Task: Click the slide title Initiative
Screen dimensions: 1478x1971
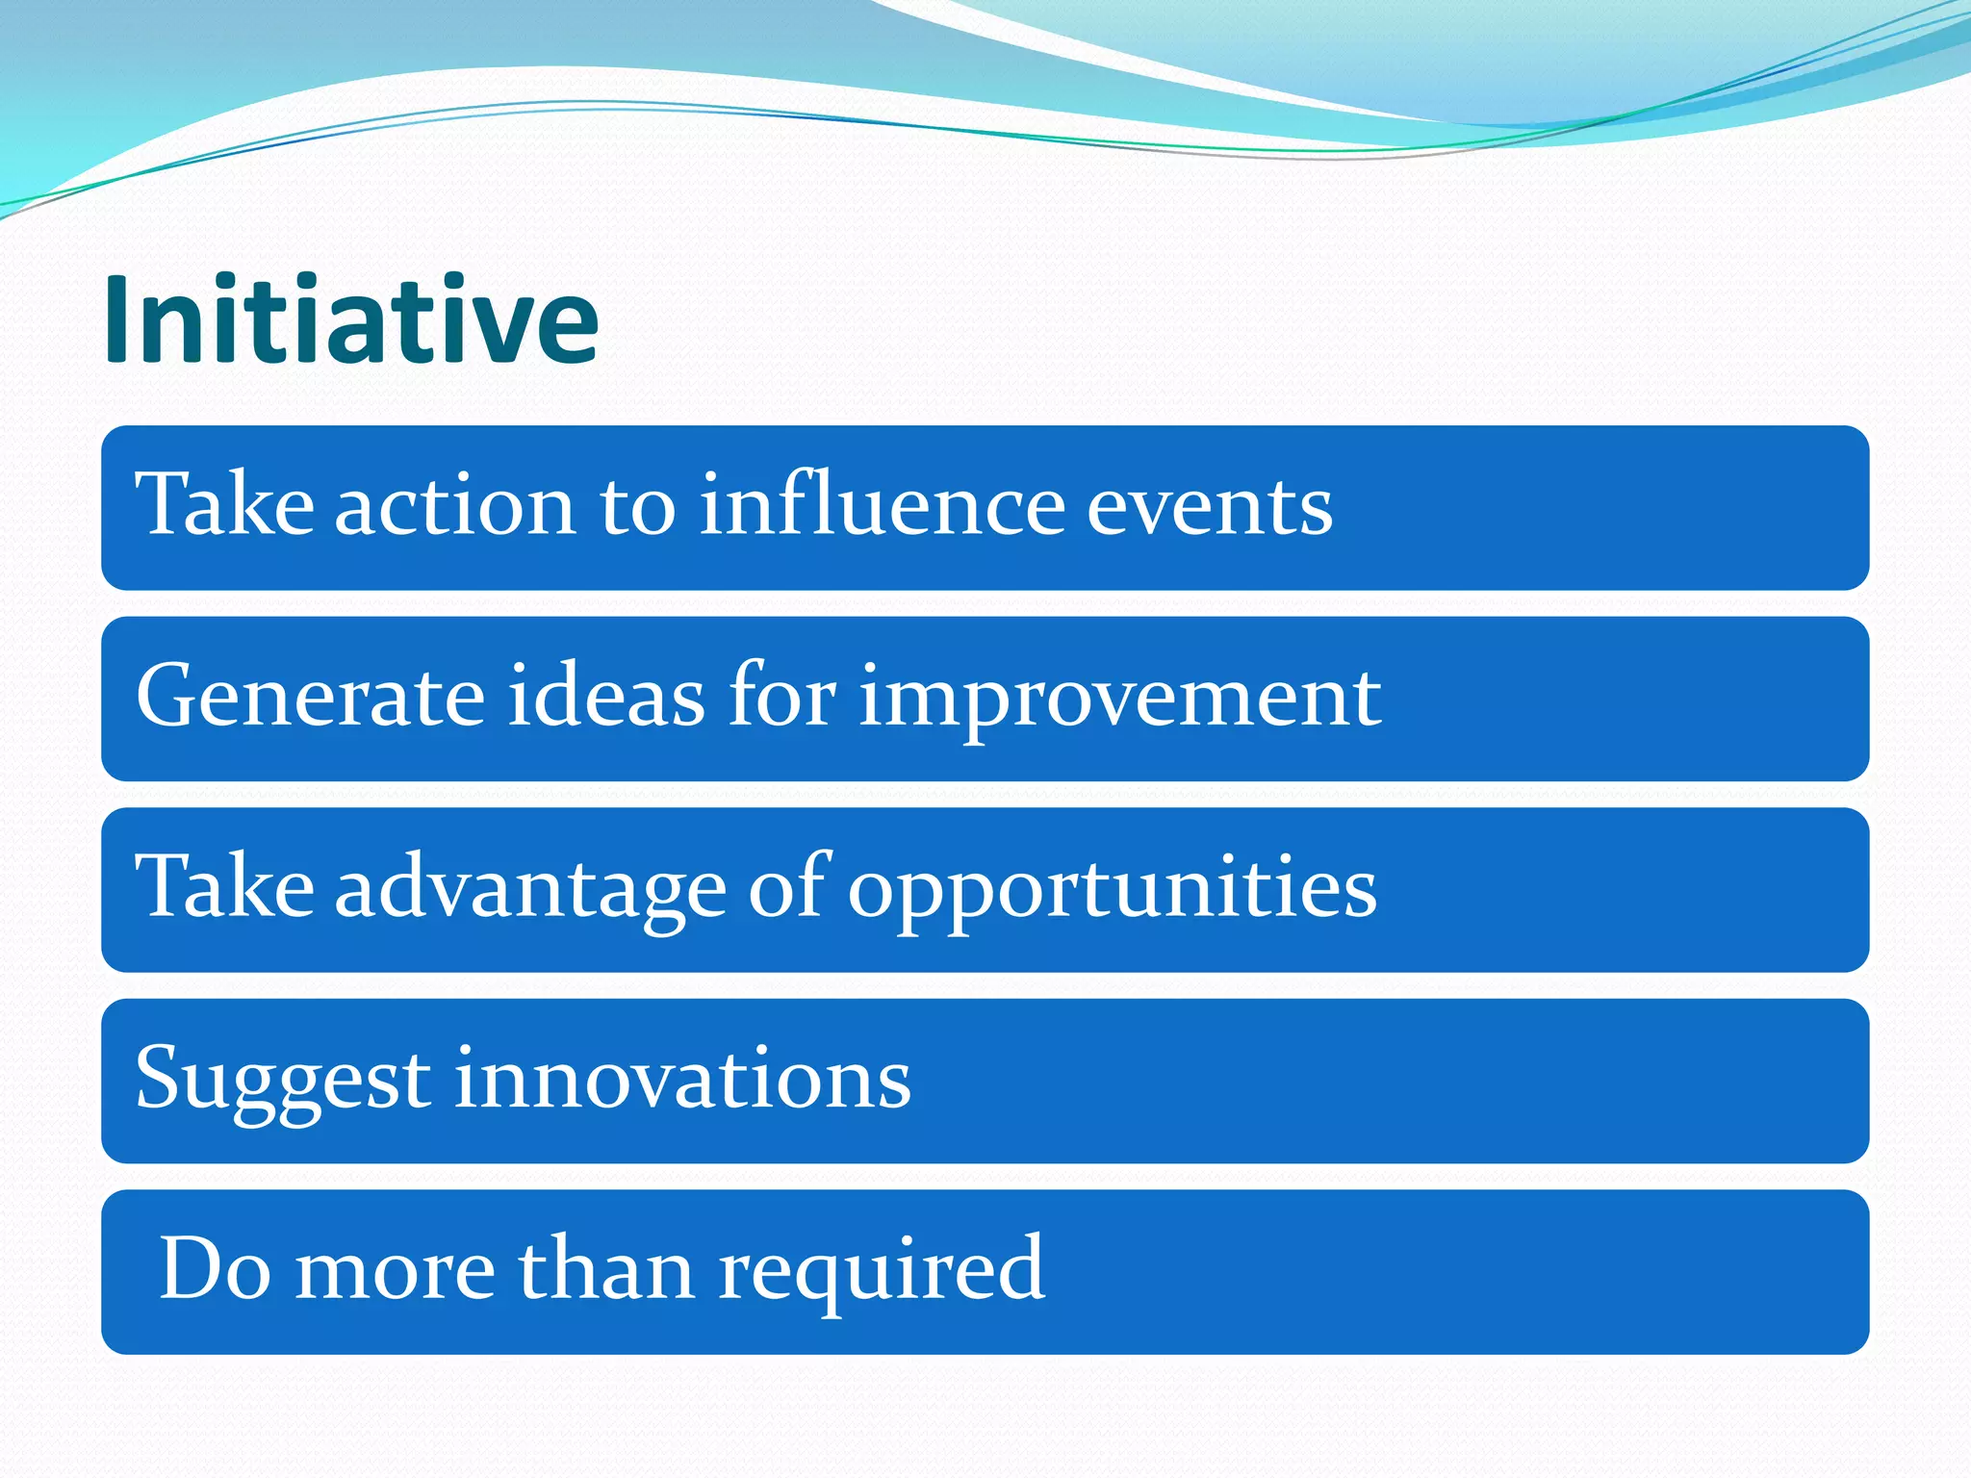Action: [351, 319]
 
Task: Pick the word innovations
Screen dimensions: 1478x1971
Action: [682, 1079]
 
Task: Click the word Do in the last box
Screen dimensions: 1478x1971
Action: [214, 1269]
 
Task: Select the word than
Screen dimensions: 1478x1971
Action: [606, 1269]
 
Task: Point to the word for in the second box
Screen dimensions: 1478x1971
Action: [781, 694]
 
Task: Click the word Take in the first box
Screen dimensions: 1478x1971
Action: [224, 503]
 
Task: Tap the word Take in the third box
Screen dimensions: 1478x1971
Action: [224, 886]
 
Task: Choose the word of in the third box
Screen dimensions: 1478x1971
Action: [786, 886]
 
